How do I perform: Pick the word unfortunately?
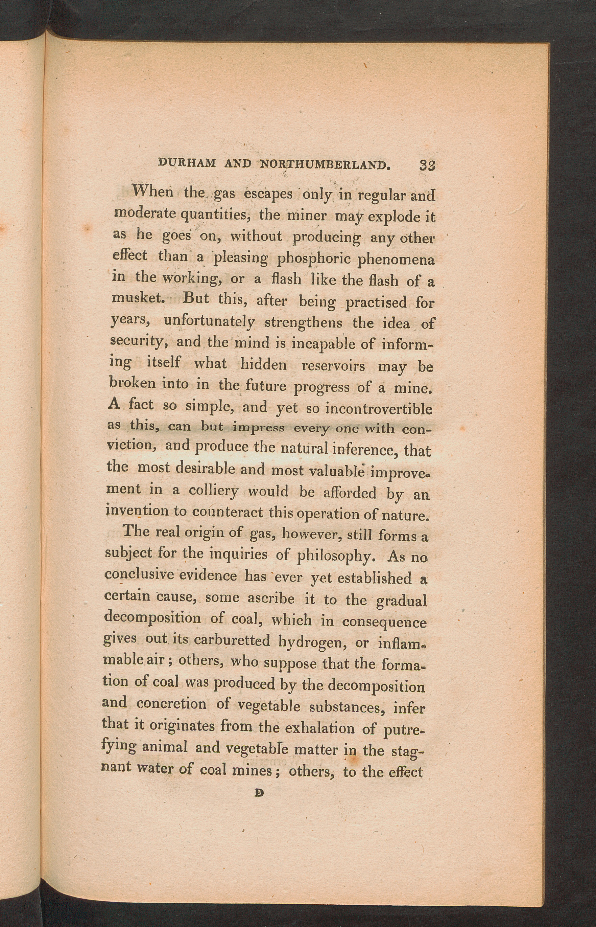point(209,321)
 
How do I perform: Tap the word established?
point(374,578)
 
